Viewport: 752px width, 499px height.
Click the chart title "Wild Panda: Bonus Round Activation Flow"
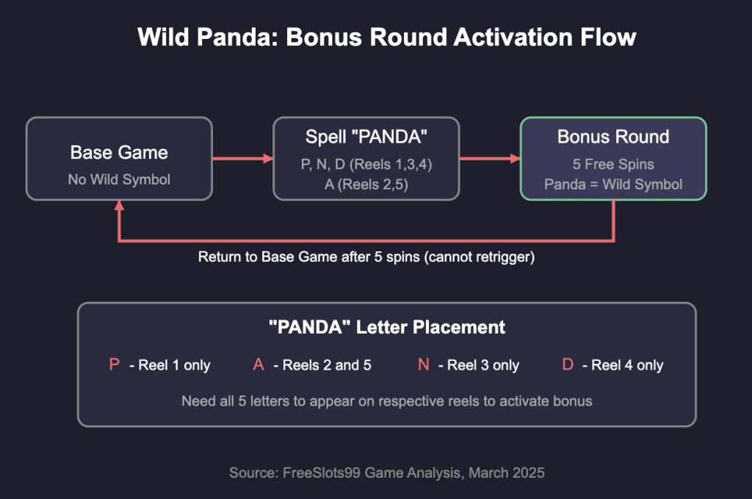point(386,37)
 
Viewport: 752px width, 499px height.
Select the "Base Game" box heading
point(119,153)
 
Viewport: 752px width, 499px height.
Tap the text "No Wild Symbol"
point(119,179)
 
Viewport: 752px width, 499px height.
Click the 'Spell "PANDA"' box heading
point(366,137)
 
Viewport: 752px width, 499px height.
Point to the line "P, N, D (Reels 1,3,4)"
point(366,165)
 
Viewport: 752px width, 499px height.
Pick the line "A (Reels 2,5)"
point(366,184)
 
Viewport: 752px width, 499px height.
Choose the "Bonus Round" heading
point(613,137)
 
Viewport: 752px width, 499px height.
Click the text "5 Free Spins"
point(613,165)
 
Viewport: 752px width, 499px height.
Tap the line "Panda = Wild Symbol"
point(613,184)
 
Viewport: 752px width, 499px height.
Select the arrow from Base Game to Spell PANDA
point(242,158)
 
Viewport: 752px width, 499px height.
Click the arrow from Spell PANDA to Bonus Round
point(490,158)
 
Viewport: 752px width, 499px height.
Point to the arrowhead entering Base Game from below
point(120,205)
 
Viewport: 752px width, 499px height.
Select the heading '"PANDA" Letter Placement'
point(386,327)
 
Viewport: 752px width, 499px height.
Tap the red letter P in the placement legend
point(114,365)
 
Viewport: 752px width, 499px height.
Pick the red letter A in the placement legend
point(258,365)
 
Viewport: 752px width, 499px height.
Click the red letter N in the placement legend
point(424,365)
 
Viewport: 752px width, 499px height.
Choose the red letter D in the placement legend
point(568,365)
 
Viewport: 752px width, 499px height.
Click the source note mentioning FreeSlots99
point(386,473)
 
